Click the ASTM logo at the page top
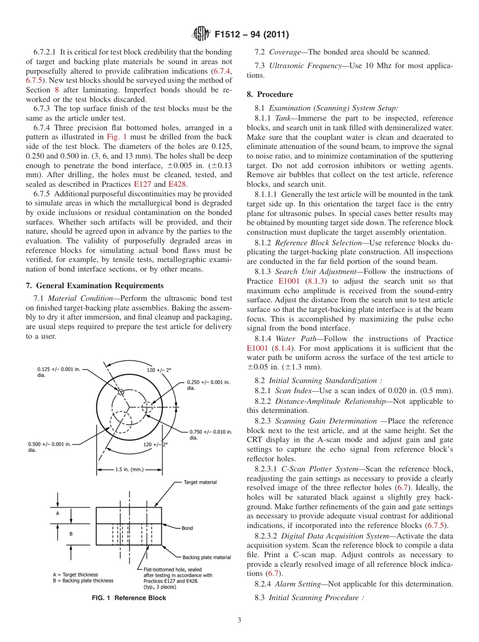coord(202,35)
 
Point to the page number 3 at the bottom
coord(239,620)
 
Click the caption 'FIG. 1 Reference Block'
coord(129,598)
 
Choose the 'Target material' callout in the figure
coord(200,483)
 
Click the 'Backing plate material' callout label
coord(207,557)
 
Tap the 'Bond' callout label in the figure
coord(187,528)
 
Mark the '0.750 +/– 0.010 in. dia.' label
coord(210,435)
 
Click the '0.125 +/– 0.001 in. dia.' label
coord(58,372)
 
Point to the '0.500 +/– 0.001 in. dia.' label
coord(50,447)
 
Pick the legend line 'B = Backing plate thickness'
coord(83,580)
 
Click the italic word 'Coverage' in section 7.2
coord(285,52)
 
